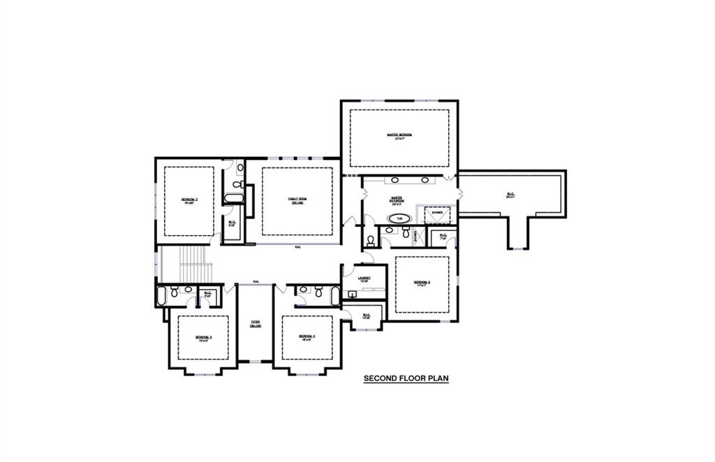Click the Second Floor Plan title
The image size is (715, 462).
(x=405, y=379)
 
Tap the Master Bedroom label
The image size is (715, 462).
(x=399, y=136)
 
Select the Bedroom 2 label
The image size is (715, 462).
(x=189, y=201)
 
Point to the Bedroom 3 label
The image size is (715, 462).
(x=202, y=338)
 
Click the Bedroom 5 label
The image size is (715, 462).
(x=422, y=283)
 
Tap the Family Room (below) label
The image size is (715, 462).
(x=297, y=200)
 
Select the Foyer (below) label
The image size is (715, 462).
(x=256, y=324)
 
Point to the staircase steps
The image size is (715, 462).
(x=196, y=263)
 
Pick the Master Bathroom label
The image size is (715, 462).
(x=398, y=201)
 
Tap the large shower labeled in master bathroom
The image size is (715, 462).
(x=437, y=214)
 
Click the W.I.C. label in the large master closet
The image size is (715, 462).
(x=510, y=195)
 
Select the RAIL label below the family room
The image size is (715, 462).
(x=298, y=246)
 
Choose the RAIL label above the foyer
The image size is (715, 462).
(x=256, y=281)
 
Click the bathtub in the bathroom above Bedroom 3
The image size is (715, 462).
(x=161, y=295)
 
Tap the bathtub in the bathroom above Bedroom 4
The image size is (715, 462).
(x=335, y=295)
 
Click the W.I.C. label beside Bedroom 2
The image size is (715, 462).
(x=232, y=224)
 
